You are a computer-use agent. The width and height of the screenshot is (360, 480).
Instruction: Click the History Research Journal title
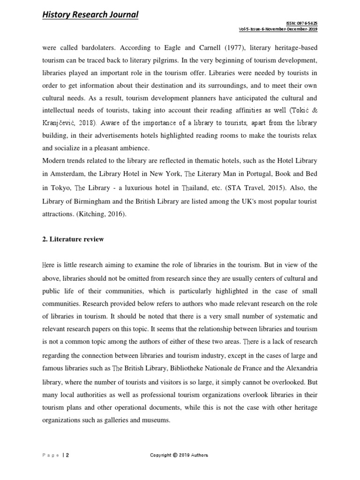(90, 15)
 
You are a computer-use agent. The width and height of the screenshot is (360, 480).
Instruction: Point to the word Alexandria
(300, 366)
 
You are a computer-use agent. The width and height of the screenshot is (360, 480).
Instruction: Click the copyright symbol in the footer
(175, 455)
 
